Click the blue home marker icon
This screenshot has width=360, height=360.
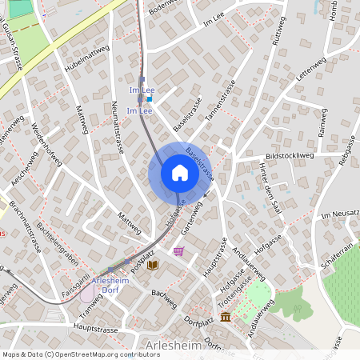pos(179,173)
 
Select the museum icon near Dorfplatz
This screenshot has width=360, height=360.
pos(226,318)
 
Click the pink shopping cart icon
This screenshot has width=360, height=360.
pos(178,251)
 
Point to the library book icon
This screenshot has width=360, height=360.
pos(153,264)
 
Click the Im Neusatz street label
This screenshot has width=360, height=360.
pos(339,216)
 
